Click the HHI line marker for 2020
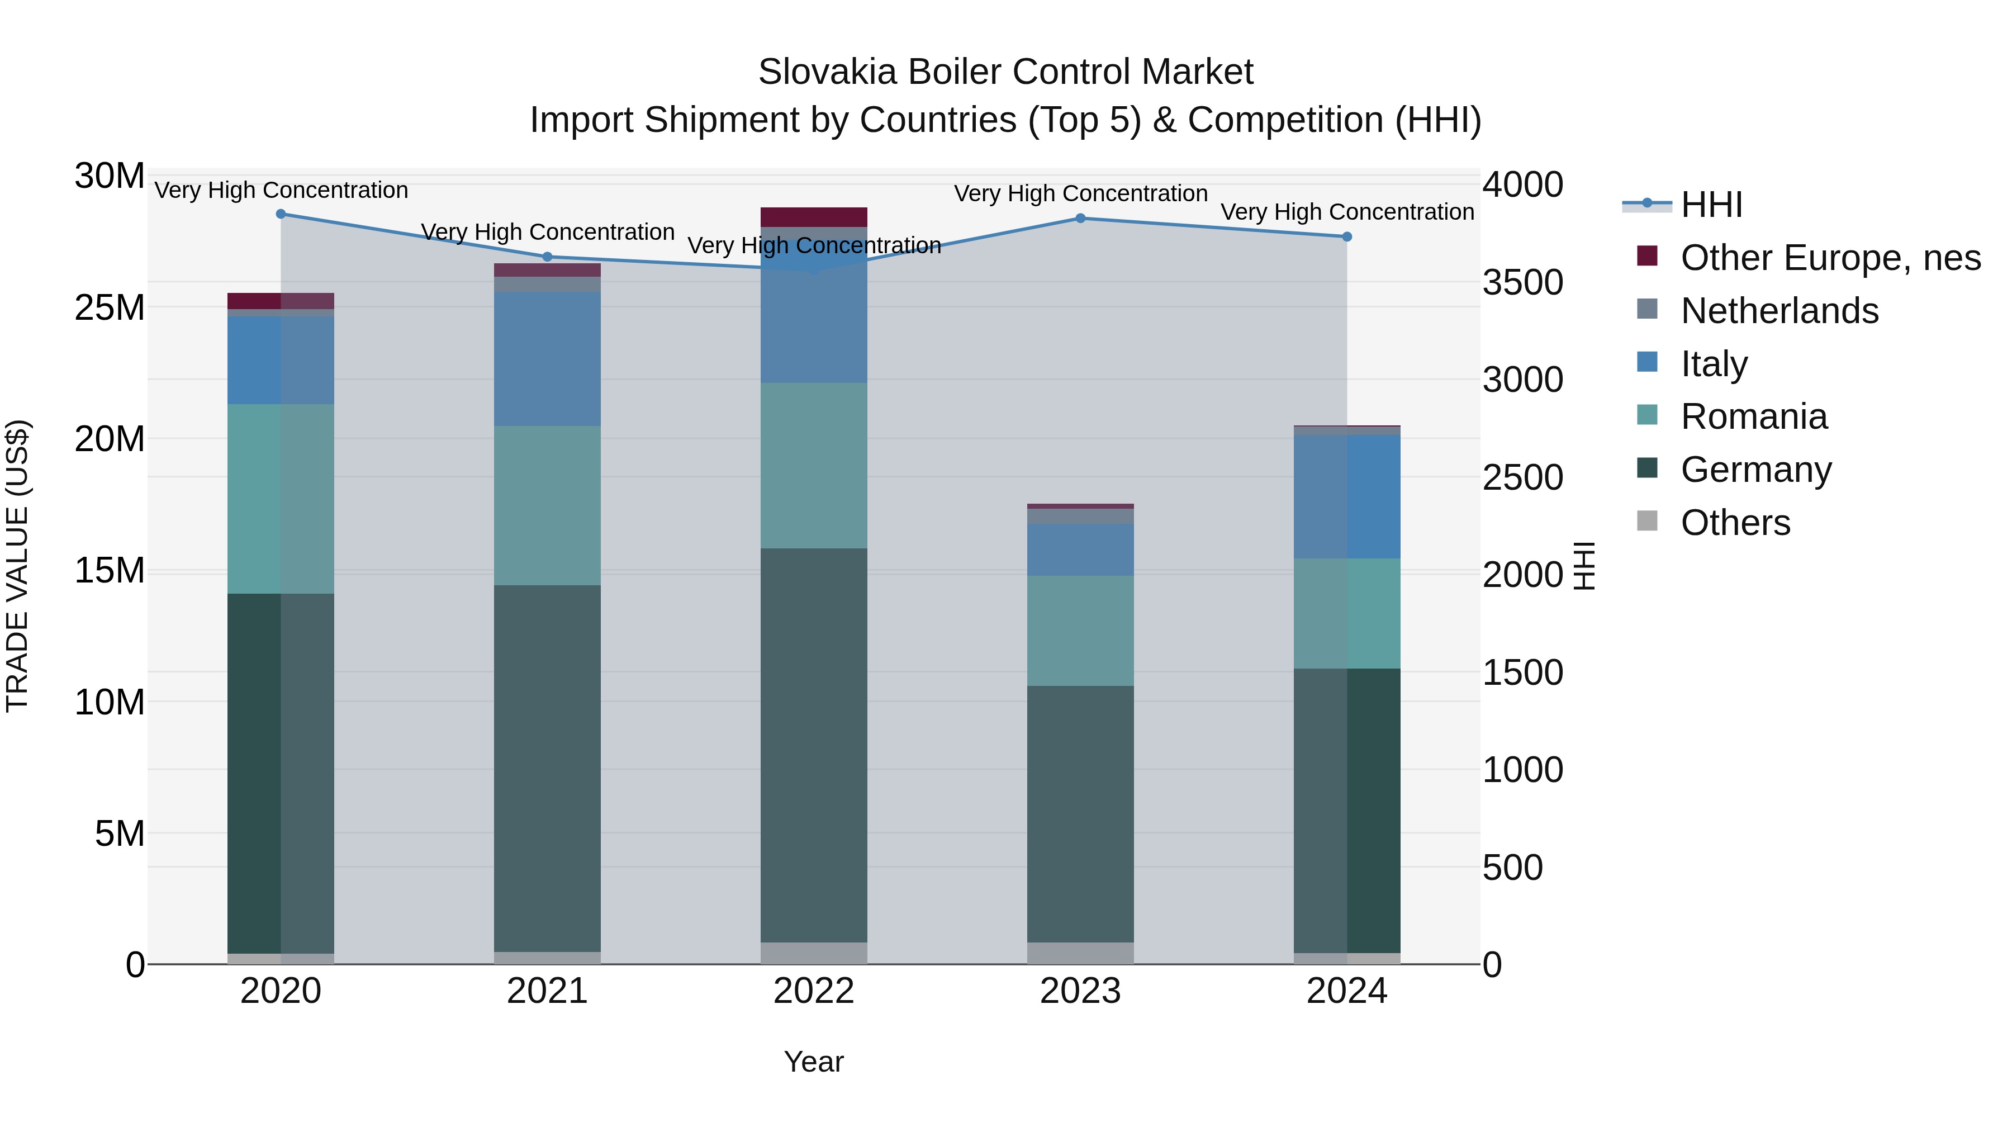click(281, 214)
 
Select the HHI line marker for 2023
click(1080, 218)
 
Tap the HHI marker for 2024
click(1346, 236)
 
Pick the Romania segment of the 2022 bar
click(814, 466)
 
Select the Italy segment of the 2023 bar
click(1080, 550)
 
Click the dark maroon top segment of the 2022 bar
click(814, 217)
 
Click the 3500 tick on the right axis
click(1522, 283)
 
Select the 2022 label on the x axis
click(814, 991)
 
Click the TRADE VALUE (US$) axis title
click(17, 566)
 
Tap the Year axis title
click(814, 1062)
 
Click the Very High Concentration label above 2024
click(1346, 212)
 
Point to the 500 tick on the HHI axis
click(1512, 867)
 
